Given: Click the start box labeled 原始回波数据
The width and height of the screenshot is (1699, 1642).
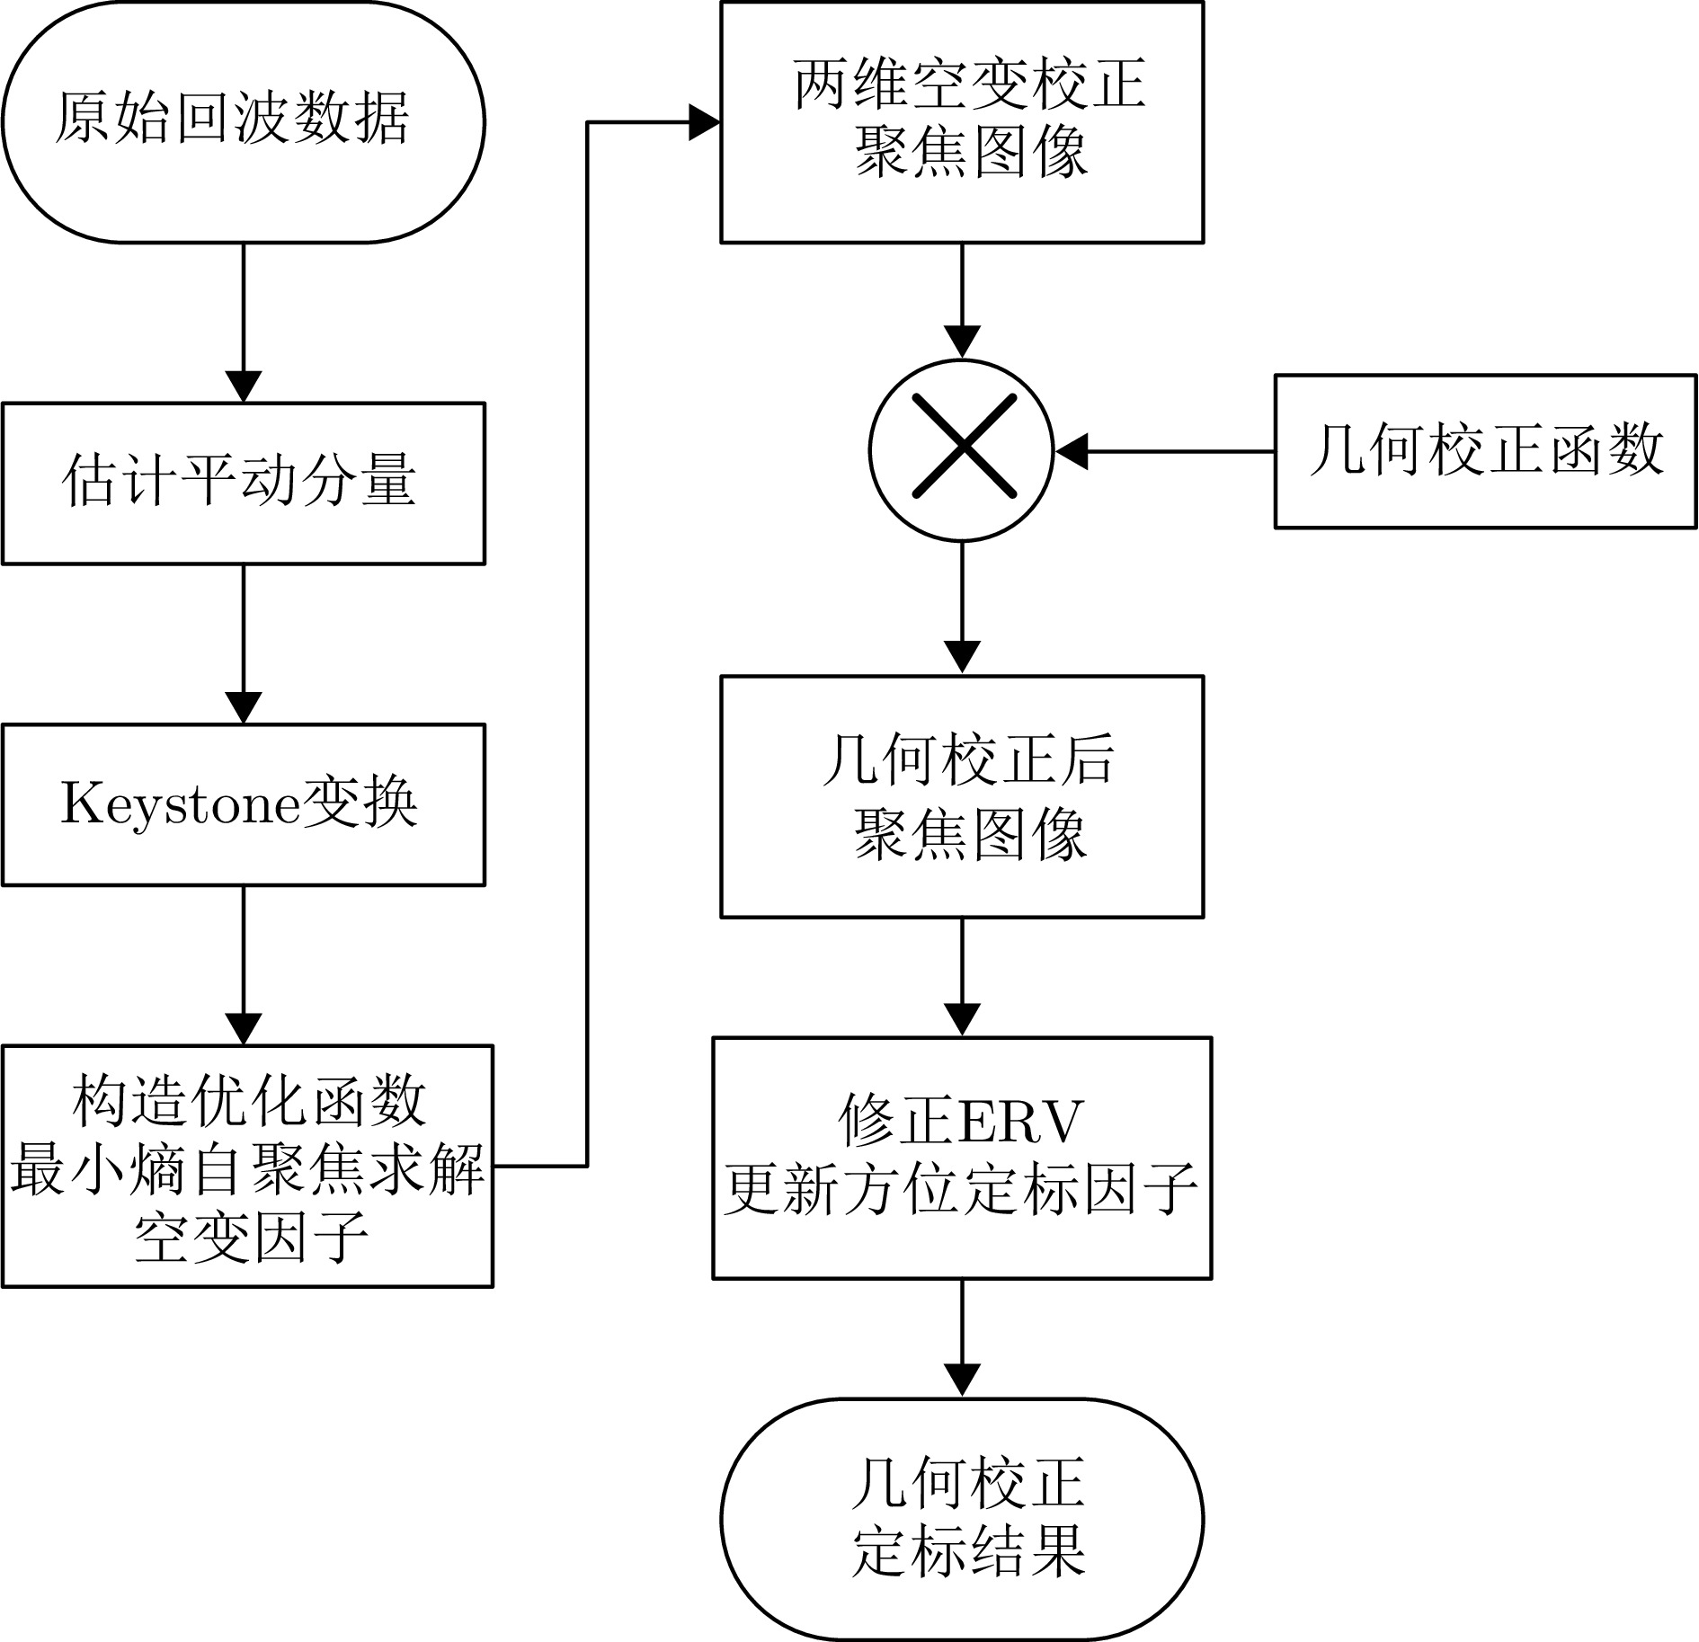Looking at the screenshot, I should (x=243, y=121).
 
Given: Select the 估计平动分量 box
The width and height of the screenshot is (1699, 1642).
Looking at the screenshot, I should (x=243, y=483).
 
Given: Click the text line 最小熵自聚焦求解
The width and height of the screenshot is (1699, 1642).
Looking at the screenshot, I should (x=247, y=1167).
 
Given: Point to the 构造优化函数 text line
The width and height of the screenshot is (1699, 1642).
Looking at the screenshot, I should (x=247, y=1101).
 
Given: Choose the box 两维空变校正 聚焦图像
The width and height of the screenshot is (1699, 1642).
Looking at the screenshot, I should (x=962, y=121).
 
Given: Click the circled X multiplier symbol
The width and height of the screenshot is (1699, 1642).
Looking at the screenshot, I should (x=962, y=449).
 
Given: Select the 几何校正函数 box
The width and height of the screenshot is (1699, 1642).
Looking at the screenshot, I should (x=1485, y=450).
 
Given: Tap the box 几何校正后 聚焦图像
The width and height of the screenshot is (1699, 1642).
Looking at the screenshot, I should (x=962, y=796).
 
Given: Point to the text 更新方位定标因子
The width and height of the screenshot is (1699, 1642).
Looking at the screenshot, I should (x=962, y=1189).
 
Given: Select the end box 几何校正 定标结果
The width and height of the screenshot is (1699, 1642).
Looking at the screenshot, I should (x=962, y=1519).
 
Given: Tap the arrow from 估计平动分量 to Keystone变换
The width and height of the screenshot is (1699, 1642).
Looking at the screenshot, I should (x=244, y=643).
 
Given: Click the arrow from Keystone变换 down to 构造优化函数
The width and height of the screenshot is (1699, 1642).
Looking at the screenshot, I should (x=244, y=964).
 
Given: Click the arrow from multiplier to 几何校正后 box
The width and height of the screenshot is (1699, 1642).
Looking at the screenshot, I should (x=962, y=608).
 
